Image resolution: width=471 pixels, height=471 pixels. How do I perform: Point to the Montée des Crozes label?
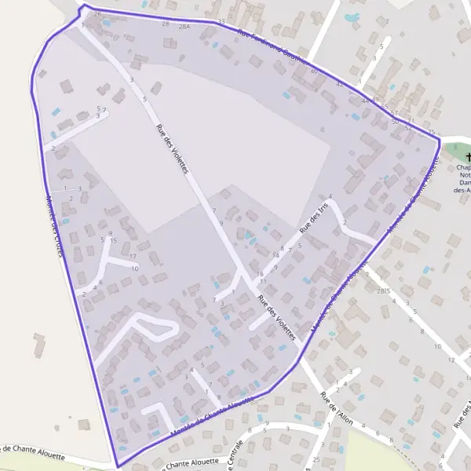coord(54,222)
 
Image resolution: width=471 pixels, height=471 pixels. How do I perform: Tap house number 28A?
coord(184,27)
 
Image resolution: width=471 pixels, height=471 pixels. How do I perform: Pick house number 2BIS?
coord(384,291)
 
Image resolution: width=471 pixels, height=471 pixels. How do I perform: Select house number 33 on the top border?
coord(221,21)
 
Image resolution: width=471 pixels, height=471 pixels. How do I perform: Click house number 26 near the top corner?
coord(97,14)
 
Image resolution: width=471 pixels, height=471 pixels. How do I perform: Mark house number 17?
coord(133,257)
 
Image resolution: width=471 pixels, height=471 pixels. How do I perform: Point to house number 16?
coord(260,273)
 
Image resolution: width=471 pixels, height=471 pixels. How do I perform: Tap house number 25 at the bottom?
coord(316,459)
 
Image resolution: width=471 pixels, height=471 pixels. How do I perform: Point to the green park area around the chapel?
coord(455,148)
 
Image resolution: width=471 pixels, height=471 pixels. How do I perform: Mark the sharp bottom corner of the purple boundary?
coord(118,466)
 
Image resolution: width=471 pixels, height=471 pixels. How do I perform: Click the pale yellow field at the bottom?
coord(47,466)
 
